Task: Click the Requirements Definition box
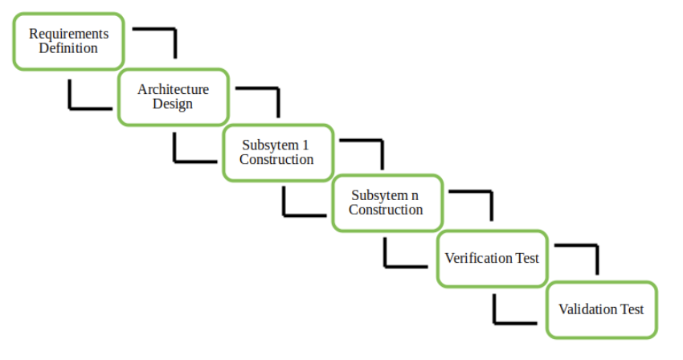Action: (x=68, y=41)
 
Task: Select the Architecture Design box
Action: (x=173, y=96)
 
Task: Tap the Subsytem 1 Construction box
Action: (x=276, y=152)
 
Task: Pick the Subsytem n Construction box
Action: (x=386, y=202)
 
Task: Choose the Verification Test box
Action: (x=492, y=259)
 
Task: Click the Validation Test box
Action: (x=601, y=309)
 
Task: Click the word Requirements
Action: (x=68, y=34)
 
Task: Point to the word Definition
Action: (x=68, y=48)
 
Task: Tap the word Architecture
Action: (x=173, y=89)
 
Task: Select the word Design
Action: (x=173, y=104)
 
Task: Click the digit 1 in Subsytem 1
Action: (x=305, y=145)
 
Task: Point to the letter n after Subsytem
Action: (x=415, y=195)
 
